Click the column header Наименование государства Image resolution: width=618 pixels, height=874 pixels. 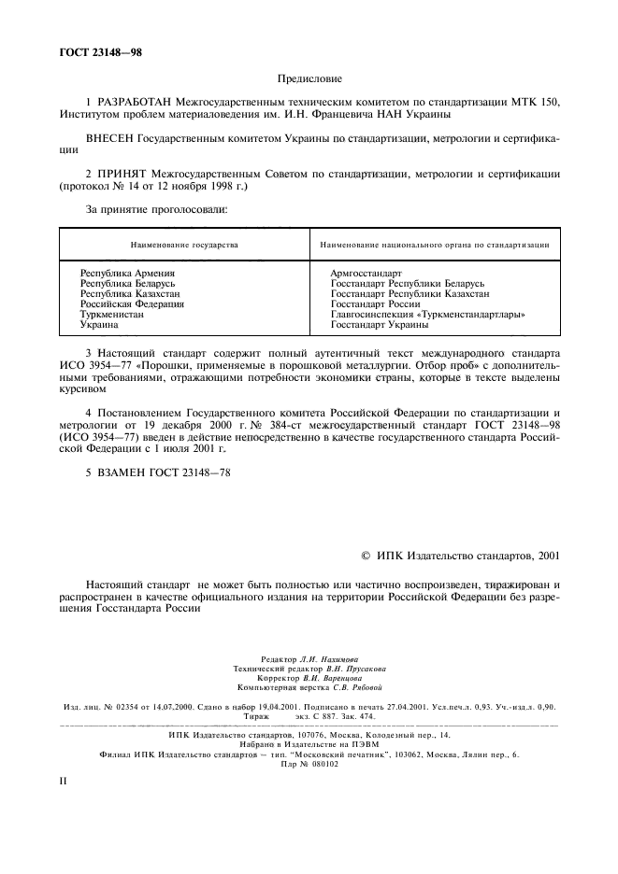click(184, 245)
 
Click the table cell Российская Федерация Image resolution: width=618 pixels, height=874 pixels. click(132, 304)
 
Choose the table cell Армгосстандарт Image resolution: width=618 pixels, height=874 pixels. click(366, 273)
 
